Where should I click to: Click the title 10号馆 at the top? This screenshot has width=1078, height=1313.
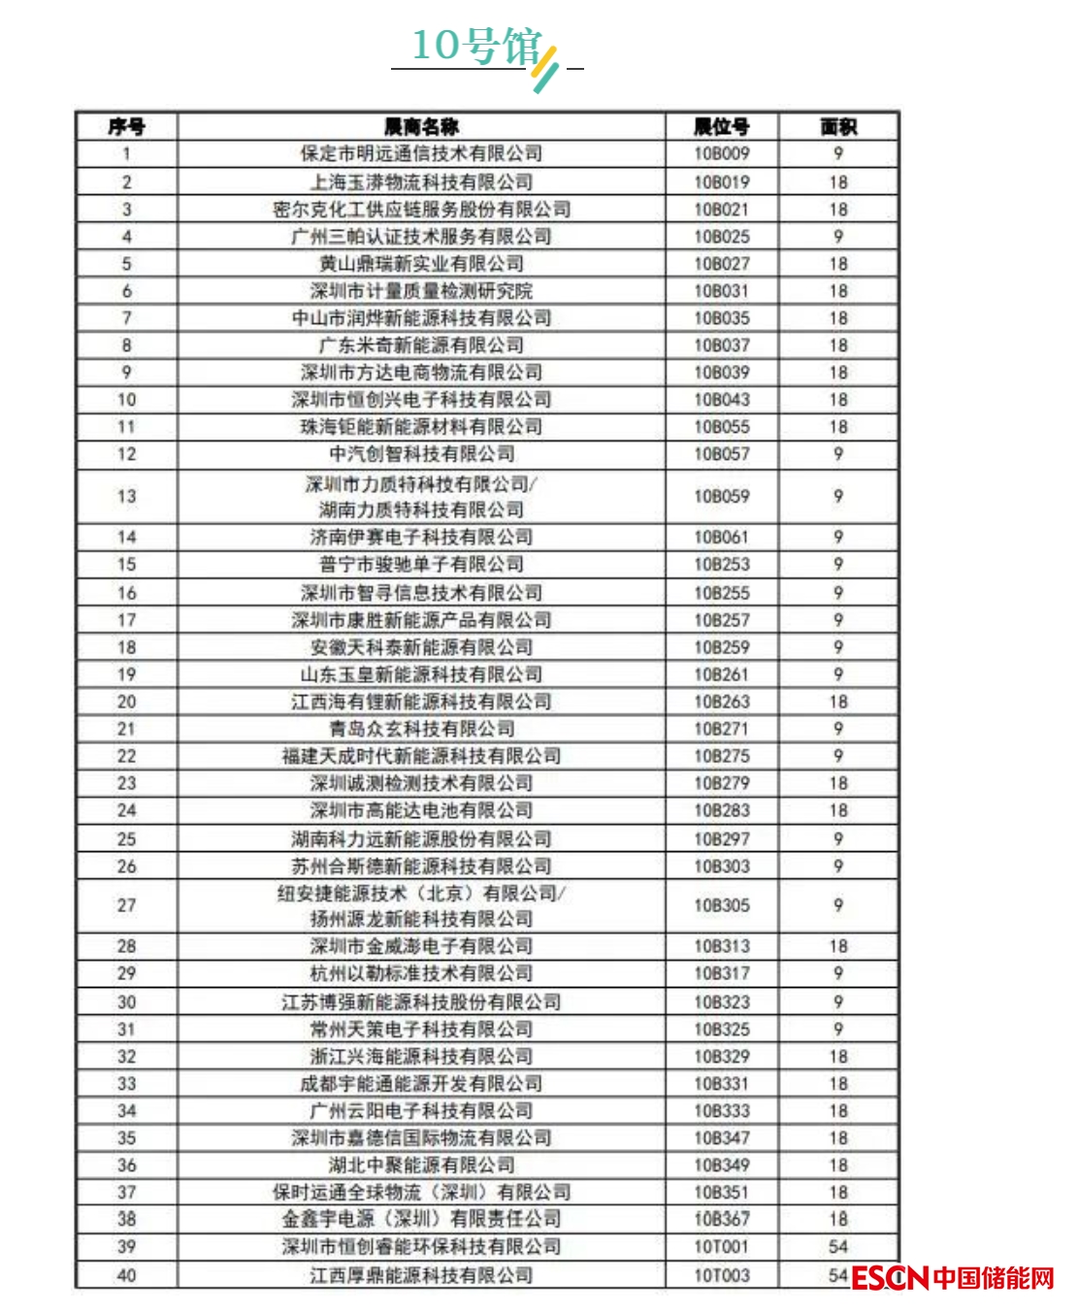tap(475, 46)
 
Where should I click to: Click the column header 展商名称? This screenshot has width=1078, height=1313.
tap(421, 126)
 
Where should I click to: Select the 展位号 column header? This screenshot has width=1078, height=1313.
tap(721, 126)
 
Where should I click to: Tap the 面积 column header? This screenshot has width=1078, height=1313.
tap(838, 126)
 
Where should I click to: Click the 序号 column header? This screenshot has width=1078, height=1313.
tap(126, 126)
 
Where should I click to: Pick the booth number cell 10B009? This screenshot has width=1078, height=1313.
tap(721, 153)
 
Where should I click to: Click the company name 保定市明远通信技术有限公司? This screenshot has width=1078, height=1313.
tap(421, 153)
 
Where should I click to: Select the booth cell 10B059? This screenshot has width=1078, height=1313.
tap(721, 496)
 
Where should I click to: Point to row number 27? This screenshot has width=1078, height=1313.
tap(126, 904)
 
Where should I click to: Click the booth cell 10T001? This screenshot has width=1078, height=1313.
tap(721, 1246)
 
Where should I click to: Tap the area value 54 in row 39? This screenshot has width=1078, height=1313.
tap(838, 1246)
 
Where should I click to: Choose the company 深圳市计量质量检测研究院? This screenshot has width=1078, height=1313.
tap(421, 290)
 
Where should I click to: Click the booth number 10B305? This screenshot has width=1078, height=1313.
tap(721, 904)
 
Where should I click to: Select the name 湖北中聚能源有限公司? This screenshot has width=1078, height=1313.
tap(421, 1165)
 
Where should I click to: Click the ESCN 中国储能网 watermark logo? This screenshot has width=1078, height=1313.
tap(953, 1277)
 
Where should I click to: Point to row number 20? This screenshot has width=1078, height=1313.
tap(126, 702)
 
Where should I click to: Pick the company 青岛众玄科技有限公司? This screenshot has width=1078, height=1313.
tap(421, 729)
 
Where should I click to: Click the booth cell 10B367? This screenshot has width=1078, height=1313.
tap(721, 1219)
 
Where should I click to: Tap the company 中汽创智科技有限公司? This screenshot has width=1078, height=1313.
tap(421, 453)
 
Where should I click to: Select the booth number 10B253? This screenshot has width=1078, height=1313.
tap(721, 564)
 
